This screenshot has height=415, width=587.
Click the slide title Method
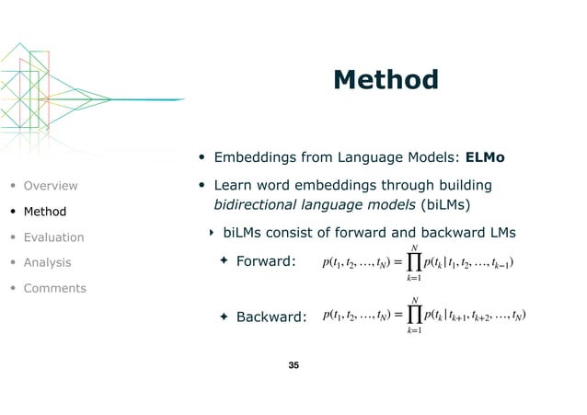click(386, 80)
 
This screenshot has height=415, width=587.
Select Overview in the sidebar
click(51, 185)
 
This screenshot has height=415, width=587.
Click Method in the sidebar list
click(45, 212)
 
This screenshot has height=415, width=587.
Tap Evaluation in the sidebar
click(53, 237)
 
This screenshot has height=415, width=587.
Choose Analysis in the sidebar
click(48, 262)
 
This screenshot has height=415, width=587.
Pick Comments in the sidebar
click(55, 288)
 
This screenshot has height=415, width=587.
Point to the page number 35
click(293, 366)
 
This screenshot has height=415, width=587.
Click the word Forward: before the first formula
click(265, 262)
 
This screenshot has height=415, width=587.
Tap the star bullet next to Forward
click(223, 262)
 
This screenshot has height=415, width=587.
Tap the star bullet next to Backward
click(223, 317)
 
